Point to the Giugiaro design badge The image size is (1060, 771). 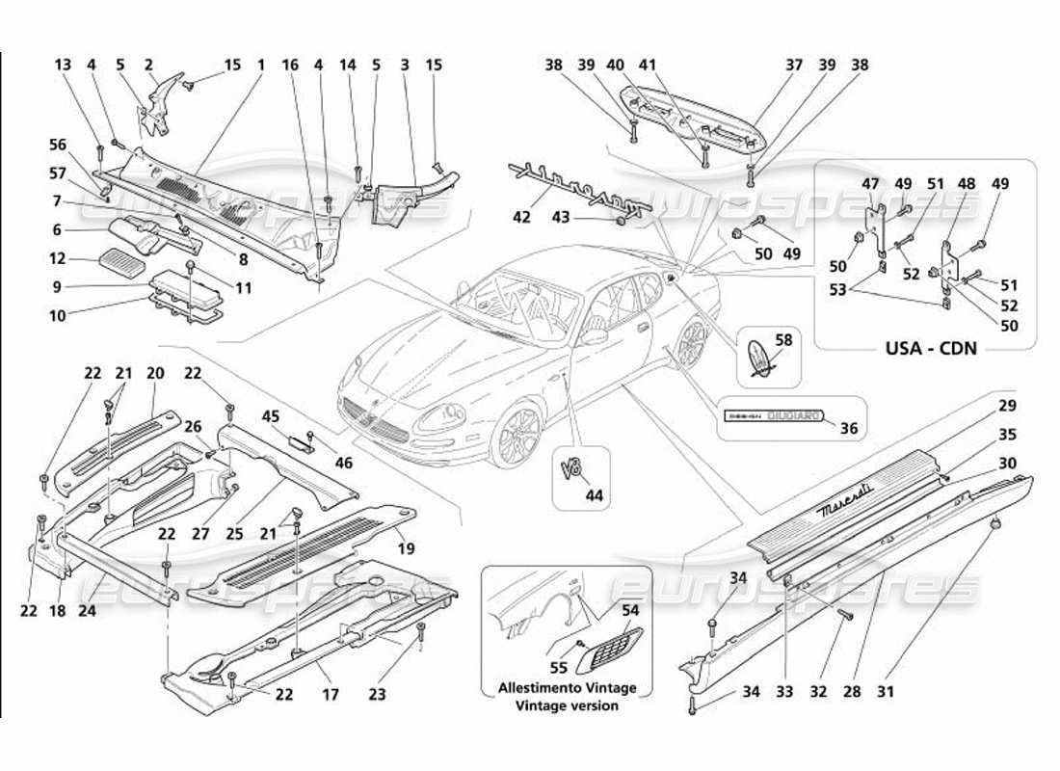(775, 415)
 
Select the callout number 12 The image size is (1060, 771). (57, 258)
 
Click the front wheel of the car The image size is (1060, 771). (514, 435)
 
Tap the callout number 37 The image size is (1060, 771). (794, 65)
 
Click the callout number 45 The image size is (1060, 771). (271, 416)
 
